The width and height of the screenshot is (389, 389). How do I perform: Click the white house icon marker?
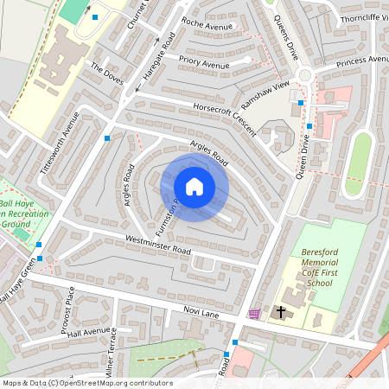click(x=194, y=187)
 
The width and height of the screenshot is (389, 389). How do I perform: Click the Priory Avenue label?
click(x=204, y=64)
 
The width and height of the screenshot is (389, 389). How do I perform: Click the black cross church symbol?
click(x=280, y=312)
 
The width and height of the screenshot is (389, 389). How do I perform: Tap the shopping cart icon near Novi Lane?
click(x=253, y=314)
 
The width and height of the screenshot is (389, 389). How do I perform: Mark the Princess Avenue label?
click(x=363, y=61)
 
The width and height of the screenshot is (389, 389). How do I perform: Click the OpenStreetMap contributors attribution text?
click(x=87, y=383)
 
